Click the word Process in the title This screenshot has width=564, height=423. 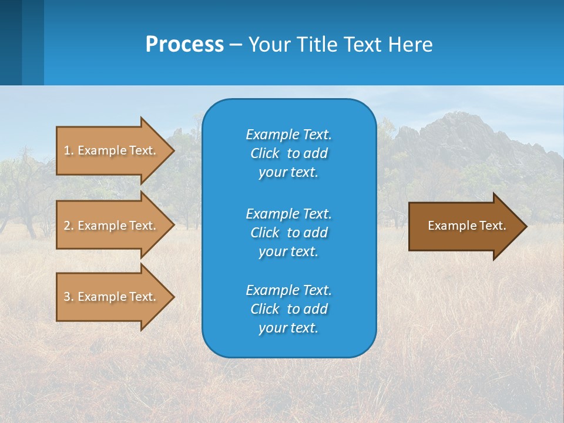pos(184,45)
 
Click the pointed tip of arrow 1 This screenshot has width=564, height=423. pos(173,150)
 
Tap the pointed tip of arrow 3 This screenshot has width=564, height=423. pos(173,297)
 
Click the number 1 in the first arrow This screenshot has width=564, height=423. pos(66,150)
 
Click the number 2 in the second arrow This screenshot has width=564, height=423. pos(66,226)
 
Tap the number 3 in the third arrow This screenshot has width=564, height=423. pos(66,297)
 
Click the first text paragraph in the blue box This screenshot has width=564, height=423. pos(288,153)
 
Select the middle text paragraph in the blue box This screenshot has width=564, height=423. pos(288,232)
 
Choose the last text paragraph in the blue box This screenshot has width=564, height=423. pos(288,309)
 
